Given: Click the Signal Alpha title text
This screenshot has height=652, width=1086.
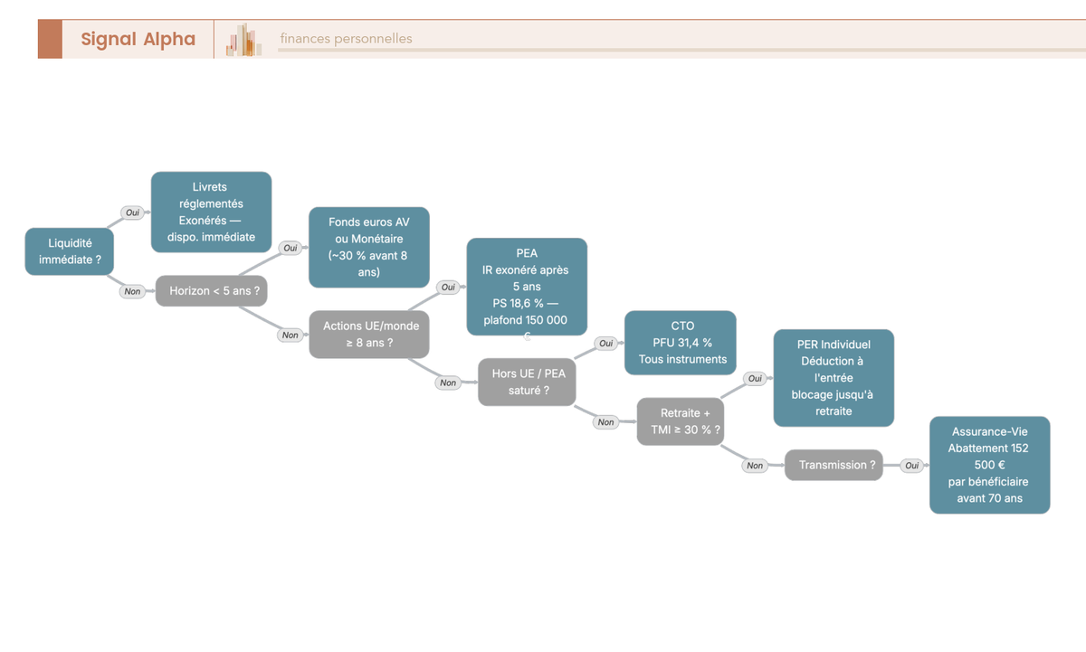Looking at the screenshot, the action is pos(138,39).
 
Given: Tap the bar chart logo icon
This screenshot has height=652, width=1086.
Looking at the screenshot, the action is pos(243,40).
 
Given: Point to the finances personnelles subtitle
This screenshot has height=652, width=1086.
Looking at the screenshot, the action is pos(346,39).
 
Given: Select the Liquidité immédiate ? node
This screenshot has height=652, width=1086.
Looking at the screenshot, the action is pos(70,251).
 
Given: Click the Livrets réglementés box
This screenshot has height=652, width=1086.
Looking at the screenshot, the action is pos(212,212).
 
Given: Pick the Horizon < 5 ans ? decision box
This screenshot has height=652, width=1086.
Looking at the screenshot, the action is pos(212,290).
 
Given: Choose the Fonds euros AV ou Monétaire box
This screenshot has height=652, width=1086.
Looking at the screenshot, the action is pos(369,247).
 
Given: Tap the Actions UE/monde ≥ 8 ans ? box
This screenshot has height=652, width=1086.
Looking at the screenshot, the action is pos(369,335).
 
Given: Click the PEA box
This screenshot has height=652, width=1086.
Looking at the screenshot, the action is pos(527,287).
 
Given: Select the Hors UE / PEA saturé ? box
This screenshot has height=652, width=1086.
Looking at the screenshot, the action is pos(527,382).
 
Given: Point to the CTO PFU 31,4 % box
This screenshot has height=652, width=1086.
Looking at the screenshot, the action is pos(681,343).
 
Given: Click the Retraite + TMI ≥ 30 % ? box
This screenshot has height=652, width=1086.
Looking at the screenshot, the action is pos(681,421).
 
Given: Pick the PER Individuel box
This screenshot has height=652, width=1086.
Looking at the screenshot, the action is pos(834,378).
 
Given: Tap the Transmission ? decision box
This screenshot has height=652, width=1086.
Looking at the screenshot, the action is pos(834,465).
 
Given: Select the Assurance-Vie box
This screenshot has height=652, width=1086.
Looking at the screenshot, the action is pos(990,465).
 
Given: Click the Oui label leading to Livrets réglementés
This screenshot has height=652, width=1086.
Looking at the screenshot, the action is pos(132,213).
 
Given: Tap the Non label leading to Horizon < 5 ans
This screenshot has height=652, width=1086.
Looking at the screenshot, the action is pos(132,291).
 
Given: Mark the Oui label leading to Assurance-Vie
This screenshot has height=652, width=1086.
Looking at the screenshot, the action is pos(912,466).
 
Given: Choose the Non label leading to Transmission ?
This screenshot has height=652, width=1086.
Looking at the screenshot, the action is pos(755,466).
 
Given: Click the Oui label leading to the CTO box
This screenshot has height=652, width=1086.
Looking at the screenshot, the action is pos(606,344).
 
